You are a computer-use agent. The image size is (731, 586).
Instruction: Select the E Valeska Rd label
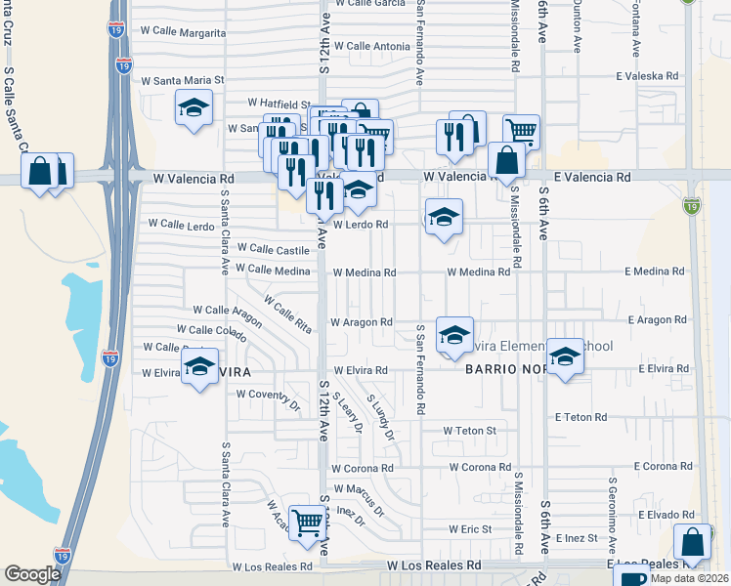click(646, 75)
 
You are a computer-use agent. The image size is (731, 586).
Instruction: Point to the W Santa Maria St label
click(184, 81)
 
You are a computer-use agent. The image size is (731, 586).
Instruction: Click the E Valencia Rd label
click(592, 178)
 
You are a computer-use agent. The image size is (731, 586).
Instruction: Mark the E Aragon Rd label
click(660, 319)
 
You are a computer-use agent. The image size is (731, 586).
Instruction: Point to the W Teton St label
click(470, 430)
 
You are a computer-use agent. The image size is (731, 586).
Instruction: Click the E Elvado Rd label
click(665, 515)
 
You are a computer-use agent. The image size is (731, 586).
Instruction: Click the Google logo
click(31, 574)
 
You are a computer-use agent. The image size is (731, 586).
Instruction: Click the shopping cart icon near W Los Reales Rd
click(309, 523)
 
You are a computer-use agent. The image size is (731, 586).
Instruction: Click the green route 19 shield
click(691, 206)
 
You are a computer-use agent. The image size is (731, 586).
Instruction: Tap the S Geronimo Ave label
click(614, 508)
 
